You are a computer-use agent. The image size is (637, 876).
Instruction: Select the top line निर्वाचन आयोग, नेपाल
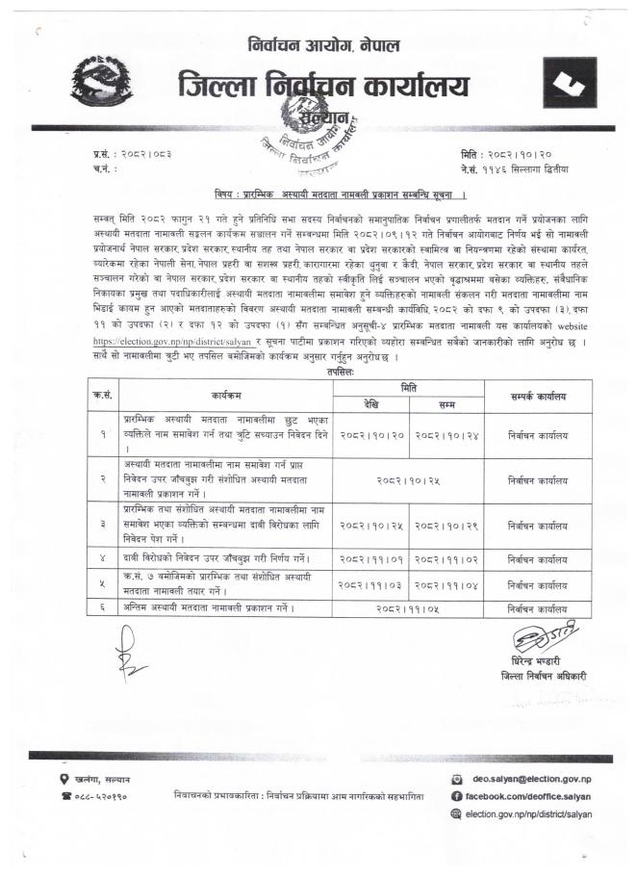322,44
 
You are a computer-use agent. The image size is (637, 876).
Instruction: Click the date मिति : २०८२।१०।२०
506,154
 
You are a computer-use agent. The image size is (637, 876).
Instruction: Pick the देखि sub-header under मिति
370,402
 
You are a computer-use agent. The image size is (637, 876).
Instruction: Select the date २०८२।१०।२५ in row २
408,477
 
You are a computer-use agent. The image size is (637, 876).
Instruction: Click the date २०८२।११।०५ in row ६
408,607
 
